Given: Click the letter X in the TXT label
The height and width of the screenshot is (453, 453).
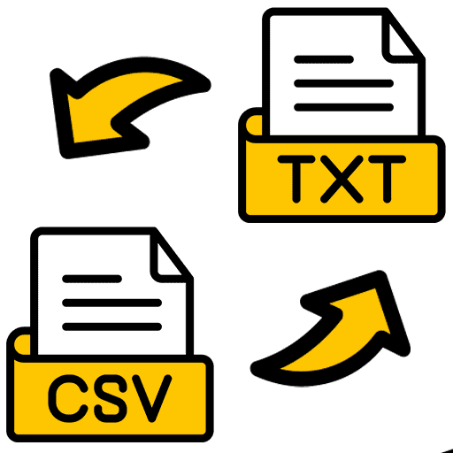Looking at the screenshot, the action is point(342,179).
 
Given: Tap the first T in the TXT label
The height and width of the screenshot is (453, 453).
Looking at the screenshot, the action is point(296,179).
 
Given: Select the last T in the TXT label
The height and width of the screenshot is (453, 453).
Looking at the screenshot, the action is point(388,179).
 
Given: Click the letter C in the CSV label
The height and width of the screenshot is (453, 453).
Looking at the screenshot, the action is point(68,398).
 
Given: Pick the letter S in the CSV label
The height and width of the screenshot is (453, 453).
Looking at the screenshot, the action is point(111,398).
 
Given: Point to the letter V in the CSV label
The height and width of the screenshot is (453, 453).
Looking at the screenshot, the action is point(152,398).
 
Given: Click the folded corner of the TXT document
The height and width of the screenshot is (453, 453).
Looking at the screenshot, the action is point(401,37).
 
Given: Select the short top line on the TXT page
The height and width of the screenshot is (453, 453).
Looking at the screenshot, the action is point(324,59).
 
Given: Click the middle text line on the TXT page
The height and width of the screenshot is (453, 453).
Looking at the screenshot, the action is point(343,83).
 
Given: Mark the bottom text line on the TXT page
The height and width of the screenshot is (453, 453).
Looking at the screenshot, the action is point(343,107).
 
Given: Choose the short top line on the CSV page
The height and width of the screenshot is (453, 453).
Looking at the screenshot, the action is point(92,279).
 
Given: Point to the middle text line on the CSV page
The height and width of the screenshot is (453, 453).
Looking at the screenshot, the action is point(112,303).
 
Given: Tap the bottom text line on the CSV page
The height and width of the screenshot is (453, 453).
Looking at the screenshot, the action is point(112,326).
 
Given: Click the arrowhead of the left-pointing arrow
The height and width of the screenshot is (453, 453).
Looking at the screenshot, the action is point(88,118).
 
